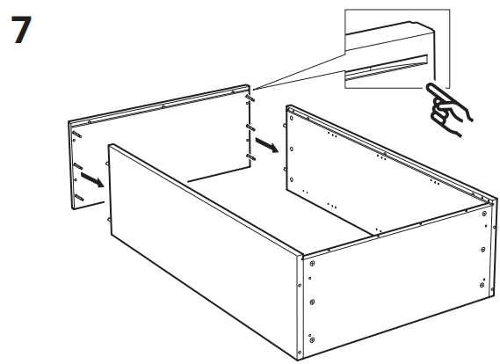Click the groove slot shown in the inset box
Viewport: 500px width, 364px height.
(387, 67)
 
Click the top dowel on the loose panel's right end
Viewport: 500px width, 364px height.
(250, 98)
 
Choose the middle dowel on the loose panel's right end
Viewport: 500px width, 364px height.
(250, 128)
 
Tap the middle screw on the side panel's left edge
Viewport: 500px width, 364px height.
(312, 302)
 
